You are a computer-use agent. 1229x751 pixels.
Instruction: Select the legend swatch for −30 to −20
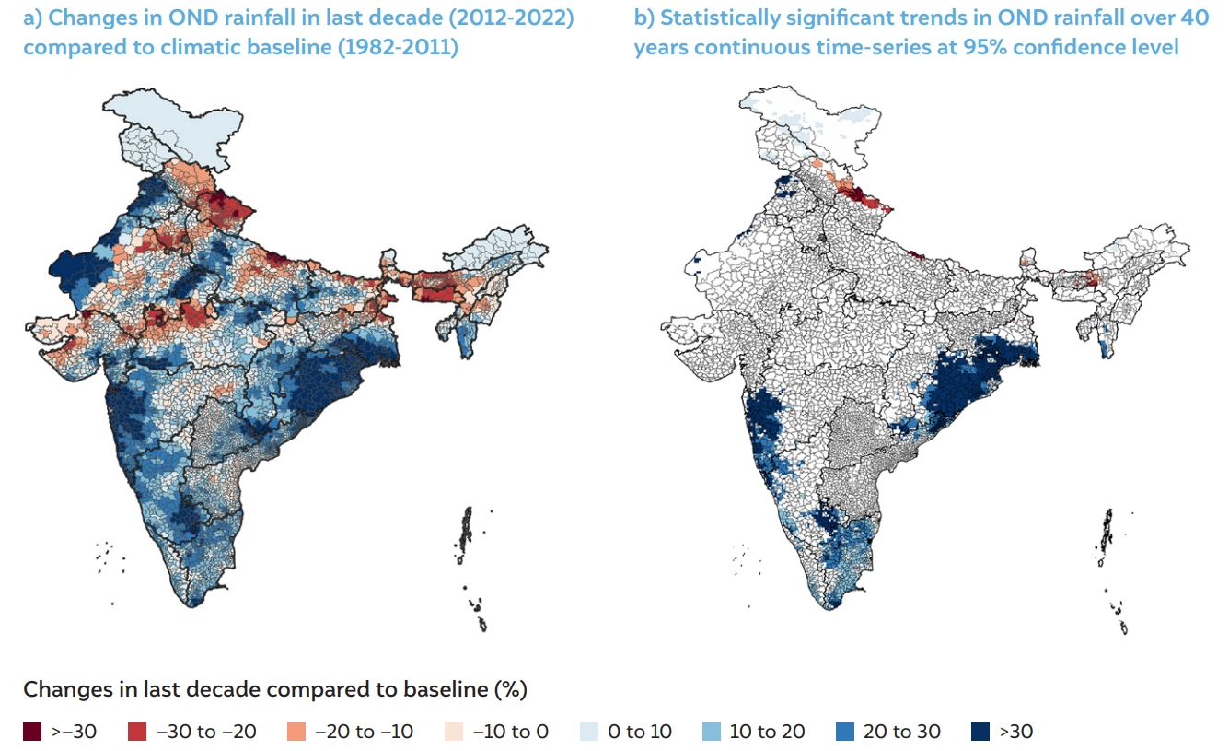point(137,732)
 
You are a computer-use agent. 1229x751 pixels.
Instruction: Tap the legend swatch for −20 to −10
point(296,732)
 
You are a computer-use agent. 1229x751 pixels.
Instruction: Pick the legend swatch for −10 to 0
point(454,732)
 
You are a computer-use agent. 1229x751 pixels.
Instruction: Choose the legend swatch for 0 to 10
point(589,732)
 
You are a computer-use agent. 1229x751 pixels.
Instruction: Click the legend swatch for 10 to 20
point(711,732)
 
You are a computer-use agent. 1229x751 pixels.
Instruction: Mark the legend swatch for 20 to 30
point(844,732)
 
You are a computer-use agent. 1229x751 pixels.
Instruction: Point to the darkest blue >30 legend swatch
point(980,732)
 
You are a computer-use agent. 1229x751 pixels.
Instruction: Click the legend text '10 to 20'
point(767,732)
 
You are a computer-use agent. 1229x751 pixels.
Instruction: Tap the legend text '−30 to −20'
point(206,732)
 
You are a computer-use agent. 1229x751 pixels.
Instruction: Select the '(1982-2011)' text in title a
point(398,46)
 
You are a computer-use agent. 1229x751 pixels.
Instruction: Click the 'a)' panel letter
point(33,18)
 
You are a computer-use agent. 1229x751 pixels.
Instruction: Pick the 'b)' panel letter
point(643,18)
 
